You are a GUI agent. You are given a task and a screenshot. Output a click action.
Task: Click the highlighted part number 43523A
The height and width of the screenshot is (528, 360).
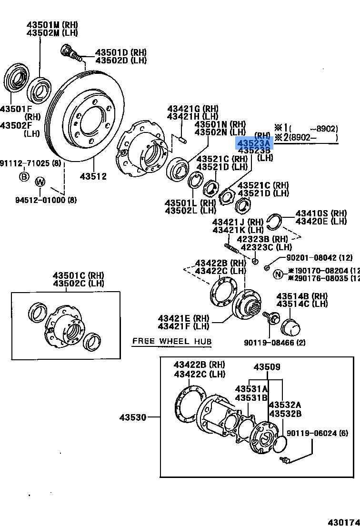[x=254, y=143]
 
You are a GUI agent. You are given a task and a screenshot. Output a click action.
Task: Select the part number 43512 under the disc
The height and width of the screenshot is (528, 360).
[x=93, y=176]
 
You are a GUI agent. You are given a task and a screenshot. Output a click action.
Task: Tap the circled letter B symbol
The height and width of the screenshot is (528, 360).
[x=24, y=177]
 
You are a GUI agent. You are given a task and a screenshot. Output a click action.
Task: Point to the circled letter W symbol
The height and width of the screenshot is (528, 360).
[x=40, y=181]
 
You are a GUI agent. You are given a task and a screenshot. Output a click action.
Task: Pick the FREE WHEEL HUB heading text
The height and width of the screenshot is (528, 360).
[x=171, y=341]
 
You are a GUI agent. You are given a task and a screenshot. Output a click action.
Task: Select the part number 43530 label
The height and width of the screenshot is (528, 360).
[x=133, y=417]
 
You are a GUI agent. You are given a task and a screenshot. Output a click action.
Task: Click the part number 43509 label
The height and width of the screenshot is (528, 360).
[x=267, y=367]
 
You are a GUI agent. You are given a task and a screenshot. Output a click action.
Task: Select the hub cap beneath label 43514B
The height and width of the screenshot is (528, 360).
[x=291, y=327]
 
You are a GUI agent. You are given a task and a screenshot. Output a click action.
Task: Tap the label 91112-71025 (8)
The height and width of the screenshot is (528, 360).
[x=31, y=164]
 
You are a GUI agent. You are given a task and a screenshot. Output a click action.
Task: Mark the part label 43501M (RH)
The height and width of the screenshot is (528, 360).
[x=52, y=25]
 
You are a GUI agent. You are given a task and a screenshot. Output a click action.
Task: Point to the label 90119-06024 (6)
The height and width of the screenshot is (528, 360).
[x=318, y=433]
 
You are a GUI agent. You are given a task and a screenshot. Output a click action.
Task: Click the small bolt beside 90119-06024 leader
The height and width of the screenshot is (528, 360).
[x=286, y=459]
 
